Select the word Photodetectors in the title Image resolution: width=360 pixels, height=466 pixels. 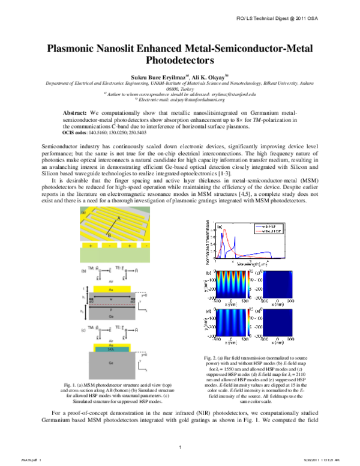click(x=180, y=61)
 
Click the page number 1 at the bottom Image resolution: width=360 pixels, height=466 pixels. click(x=180, y=447)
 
